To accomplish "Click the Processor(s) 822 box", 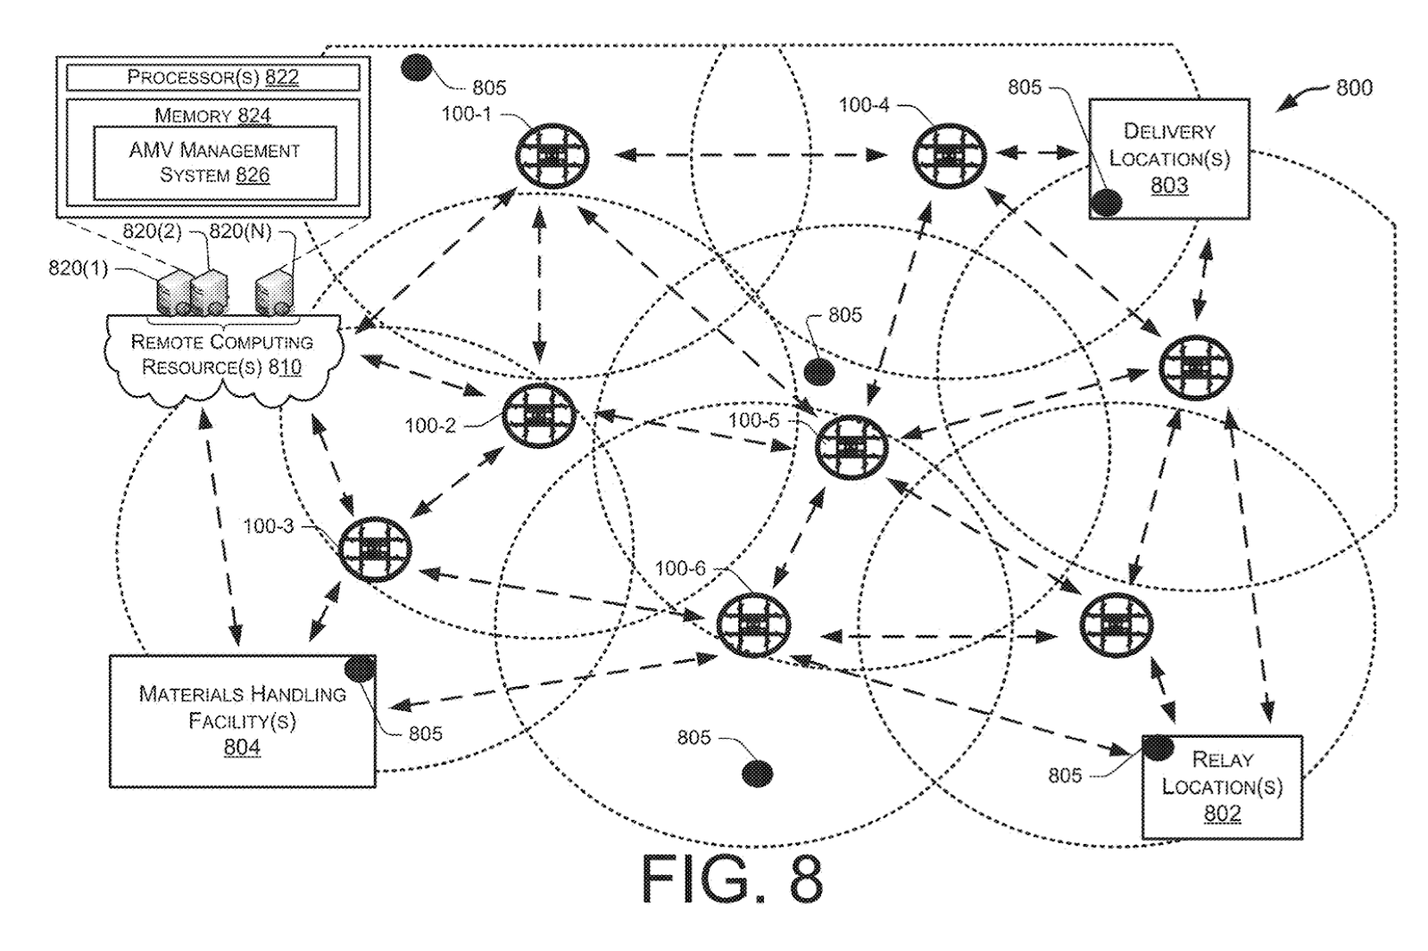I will tap(212, 78).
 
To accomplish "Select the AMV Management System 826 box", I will tap(214, 163).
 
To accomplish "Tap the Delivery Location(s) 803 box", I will tap(1169, 159).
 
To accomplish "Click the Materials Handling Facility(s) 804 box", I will tap(242, 721).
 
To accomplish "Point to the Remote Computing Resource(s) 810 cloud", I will tap(222, 356).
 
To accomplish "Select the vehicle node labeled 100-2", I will tap(539, 417).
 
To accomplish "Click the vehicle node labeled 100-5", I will tap(851, 445).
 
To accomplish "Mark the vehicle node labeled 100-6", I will tap(754, 624).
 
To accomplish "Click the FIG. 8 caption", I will tap(732, 880).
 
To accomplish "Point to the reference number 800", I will tap(1353, 88).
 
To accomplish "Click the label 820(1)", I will tap(78, 268).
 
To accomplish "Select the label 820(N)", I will tap(239, 233).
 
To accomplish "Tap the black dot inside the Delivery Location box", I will tap(1107, 203).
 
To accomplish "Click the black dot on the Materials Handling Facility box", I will tap(359, 668).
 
